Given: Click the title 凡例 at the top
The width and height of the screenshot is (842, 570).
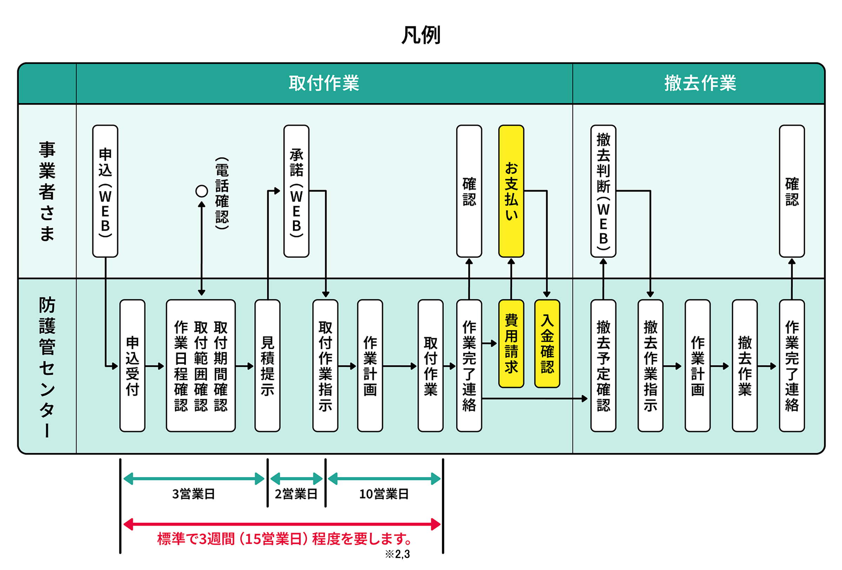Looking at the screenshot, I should coord(421,35).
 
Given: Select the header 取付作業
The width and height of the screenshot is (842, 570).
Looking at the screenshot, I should coord(323,83).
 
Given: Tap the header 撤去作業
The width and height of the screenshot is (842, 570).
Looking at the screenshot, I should coord(700,83).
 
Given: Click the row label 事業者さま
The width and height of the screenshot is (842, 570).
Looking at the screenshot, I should coord(47,191).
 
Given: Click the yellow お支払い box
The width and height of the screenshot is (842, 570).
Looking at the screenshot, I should coord(511,191).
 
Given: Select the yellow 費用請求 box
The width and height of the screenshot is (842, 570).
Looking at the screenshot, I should coord(511,343).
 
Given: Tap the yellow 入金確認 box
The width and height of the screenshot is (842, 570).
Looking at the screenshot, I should coord(547,343).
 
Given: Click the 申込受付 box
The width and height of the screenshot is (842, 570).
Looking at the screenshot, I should coord(132,366).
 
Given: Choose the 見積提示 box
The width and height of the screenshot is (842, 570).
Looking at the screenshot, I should coord(267,366).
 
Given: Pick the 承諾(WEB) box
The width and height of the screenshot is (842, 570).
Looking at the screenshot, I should coord(296,191).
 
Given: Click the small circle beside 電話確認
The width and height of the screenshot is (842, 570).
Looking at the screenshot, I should coord(201,191).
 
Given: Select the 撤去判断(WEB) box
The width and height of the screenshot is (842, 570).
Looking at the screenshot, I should coord(603,191).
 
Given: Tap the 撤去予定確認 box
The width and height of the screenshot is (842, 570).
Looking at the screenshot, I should coord(603,366).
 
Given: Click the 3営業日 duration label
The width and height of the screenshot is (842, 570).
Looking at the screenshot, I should coord(193,494).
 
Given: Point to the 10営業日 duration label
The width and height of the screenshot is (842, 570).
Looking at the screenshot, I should coord(384,494).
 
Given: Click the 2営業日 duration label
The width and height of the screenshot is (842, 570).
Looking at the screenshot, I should coord(296,494).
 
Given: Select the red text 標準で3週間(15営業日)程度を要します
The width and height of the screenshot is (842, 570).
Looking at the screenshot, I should coord(285,539).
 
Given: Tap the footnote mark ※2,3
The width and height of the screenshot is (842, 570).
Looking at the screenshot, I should coord(397,554).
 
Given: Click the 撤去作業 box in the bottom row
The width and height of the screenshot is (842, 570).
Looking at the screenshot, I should coord(744,366).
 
